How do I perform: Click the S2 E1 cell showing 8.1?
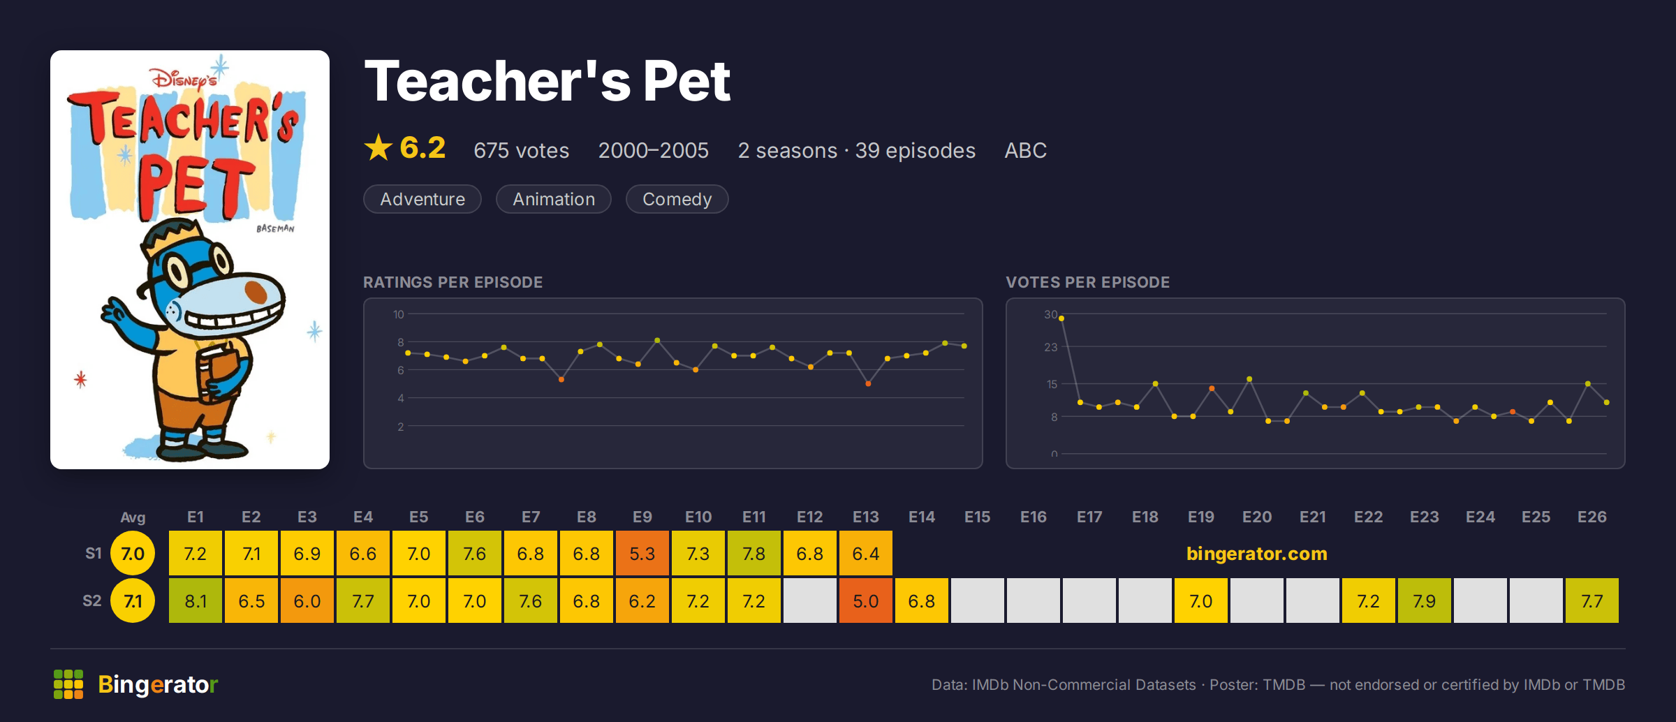coord(196,601)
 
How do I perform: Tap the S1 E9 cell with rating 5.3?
coord(642,553)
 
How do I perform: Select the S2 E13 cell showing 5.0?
coord(866,601)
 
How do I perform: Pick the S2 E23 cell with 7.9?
coord(1425,601)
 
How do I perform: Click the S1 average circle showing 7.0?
coord(133,553)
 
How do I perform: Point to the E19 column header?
coord(1201,517)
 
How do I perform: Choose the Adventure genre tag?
coord(422,199)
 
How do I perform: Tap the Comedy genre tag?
coord(677,199)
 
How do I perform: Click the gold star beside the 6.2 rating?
coord(378,147)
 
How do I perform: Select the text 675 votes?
coord(521,150)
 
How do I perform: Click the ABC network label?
coord(1025,150)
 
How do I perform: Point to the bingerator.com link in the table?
coord(1256,553)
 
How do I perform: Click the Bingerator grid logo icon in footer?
coord(68,684)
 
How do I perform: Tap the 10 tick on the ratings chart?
coord(398,314)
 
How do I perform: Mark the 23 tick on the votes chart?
coord(1050,347)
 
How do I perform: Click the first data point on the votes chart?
coord(1061,318)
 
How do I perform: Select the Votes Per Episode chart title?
coord(1087,282)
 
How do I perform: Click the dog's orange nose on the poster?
coord(256,289)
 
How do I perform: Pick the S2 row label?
coord(92,601)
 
